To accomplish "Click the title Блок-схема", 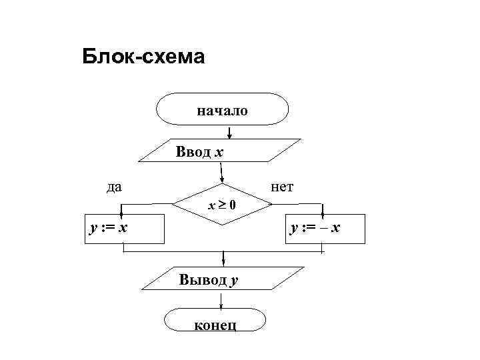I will point(143,57).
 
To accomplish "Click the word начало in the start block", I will point(222,110).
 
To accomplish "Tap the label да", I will point(114,186).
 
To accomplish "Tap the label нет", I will point(282,186).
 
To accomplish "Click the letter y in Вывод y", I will point(234,281).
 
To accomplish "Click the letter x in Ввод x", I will point(219,153).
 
